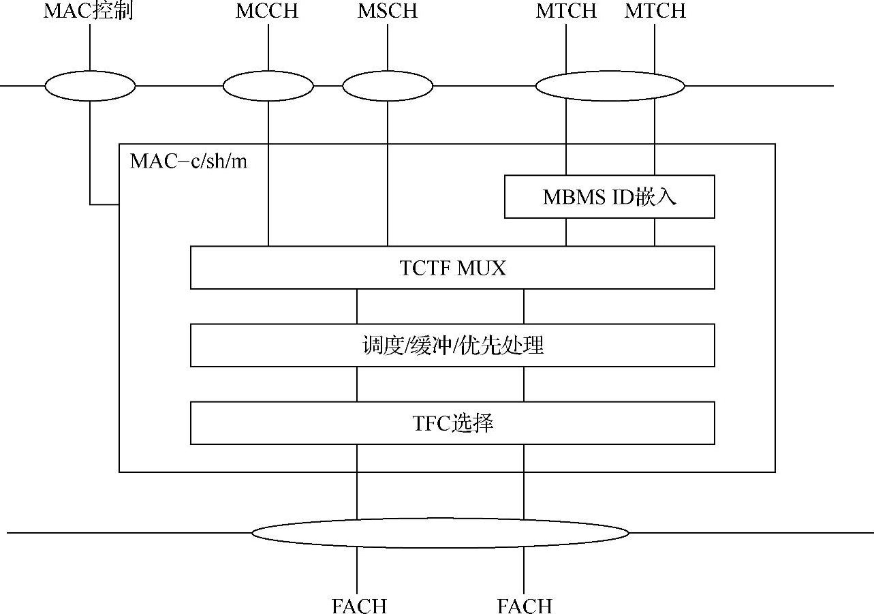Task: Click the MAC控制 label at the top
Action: [x=88, y=12]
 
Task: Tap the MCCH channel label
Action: [x=267, y=12]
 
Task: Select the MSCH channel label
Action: [x=387, y=12]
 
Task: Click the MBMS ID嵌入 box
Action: [x=609, y=197]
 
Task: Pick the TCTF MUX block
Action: [x=452, y=268]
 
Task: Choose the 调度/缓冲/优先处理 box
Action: [x=452, y=346]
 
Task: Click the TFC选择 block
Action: [x=452, y=423]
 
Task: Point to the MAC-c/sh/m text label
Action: [x=189, y=161]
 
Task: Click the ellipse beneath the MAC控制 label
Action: [x=90, y=87]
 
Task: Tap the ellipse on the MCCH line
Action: [x=268, y=87]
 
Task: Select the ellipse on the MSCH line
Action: [x=387, y=87]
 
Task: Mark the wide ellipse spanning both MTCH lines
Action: [x=610, y=87]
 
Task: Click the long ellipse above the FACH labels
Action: [x=440, y=532]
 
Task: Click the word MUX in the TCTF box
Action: [x=482, y=268]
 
